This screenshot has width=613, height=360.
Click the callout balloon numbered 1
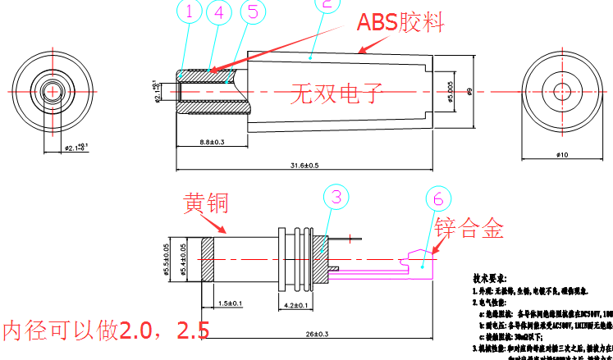tap(190, 11)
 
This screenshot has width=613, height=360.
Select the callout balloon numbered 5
tap(253, 11)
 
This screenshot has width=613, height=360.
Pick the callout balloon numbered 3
tap(336, 197)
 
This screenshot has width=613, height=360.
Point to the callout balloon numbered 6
tap(439, 198)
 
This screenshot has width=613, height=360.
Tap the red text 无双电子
tap(336, 93)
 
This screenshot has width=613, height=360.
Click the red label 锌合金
tap(469, 228)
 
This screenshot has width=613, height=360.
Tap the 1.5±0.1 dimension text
tap(230, 304)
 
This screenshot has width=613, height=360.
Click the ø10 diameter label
tap(562, 154)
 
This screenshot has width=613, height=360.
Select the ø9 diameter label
tap(468, 92)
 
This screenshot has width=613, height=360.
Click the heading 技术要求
tap(495, 279)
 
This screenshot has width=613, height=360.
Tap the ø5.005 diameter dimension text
tap(449, 93)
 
